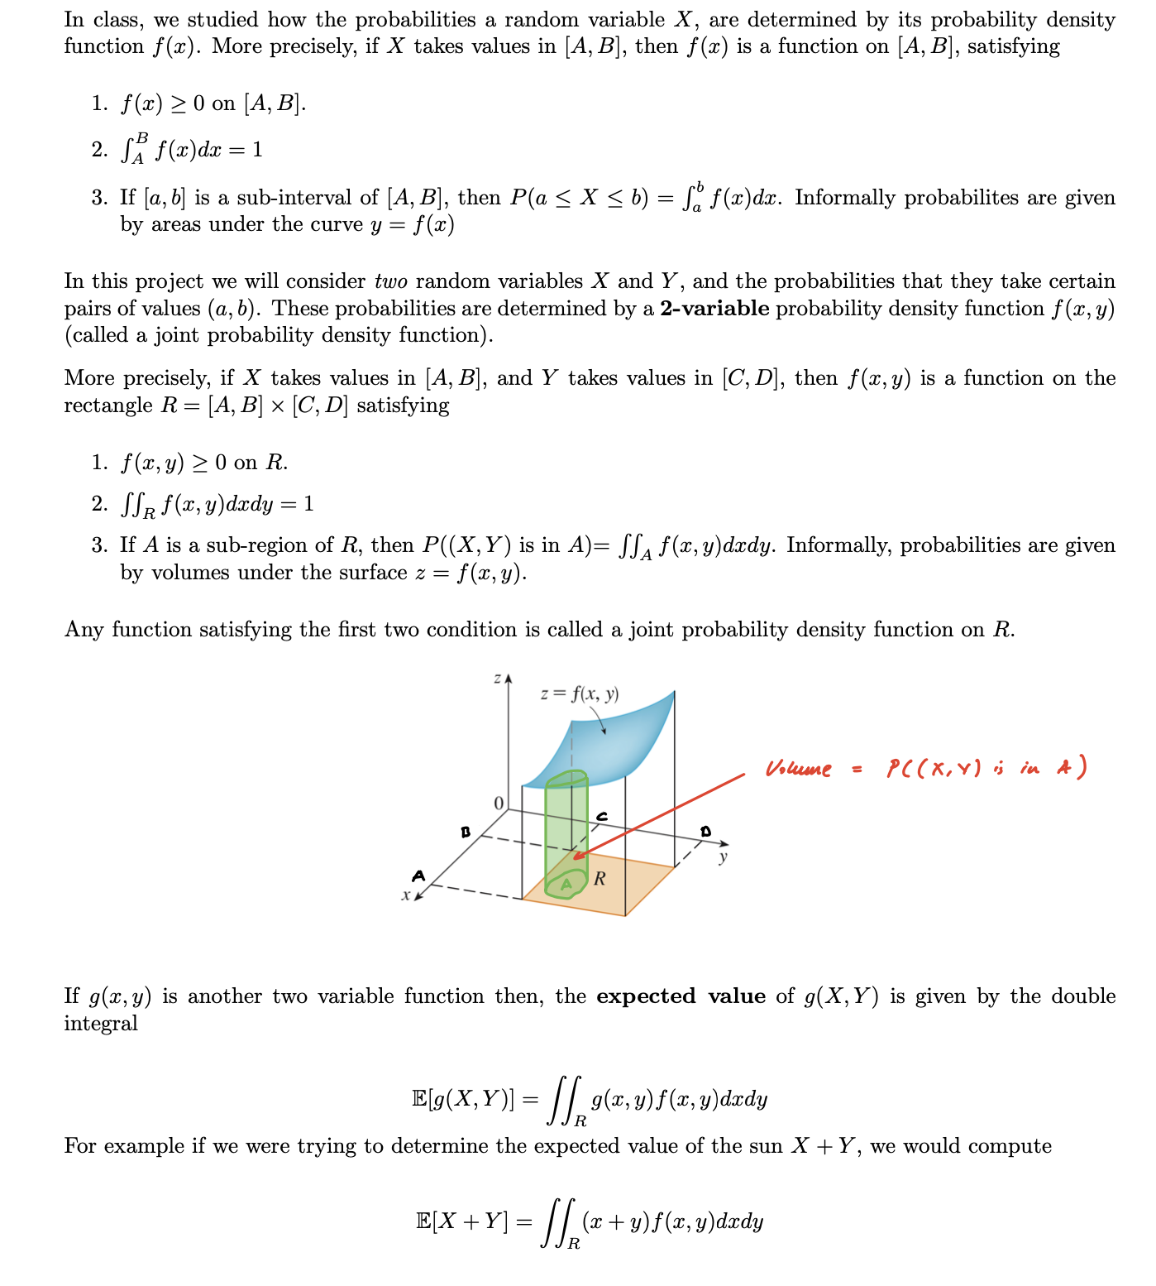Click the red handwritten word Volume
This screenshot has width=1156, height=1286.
pos(798,770)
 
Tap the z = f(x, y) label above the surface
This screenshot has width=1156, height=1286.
pos(579,694)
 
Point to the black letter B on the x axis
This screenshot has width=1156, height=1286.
pos(466,832)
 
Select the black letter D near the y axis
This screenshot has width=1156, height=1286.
pos(705,830)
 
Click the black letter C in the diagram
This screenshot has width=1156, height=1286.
pos(602,817)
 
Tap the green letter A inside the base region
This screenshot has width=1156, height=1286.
pos(566,885)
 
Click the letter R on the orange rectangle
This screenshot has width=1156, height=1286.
pos(599,878)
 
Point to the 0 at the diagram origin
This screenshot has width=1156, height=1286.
pos(498,804)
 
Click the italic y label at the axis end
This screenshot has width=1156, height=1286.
pos(724,857)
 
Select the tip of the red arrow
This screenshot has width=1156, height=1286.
pos(574,859)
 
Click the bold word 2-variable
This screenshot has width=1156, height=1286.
pos(714,309)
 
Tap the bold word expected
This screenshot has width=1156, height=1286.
pos(646,996)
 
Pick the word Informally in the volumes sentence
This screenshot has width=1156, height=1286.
pos(838,545)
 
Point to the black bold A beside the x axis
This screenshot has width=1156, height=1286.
pos(419,876)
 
